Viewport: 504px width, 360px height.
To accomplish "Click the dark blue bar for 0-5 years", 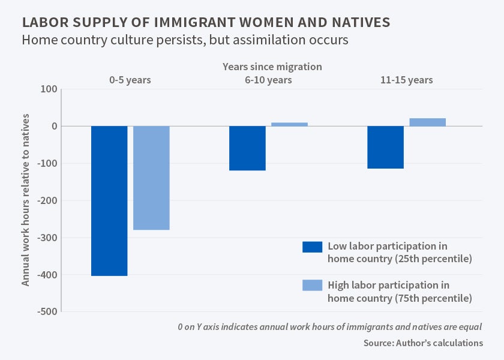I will tap(109, 200).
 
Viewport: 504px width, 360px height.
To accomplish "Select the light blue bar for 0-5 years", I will tap(151, 178).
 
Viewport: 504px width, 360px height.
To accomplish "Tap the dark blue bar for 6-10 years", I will tap(247, 148).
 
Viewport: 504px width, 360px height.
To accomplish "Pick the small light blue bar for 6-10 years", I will tap(289, 124).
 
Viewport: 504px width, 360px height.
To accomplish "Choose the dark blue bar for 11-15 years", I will tap(385, 147).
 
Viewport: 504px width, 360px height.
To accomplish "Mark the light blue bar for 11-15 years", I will tap(427, 122).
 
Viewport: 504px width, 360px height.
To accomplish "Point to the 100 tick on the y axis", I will tap(49, 89).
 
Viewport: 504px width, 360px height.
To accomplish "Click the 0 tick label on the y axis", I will tap(53, 127).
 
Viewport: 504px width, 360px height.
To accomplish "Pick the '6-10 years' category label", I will tap(268, 80).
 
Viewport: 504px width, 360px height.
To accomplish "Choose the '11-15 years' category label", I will tap(406, 80).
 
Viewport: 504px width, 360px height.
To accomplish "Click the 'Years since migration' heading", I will tap(272, 66).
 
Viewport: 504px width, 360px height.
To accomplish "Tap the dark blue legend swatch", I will tap(313, 247).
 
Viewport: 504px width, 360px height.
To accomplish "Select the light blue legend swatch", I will tap(313, 285).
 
